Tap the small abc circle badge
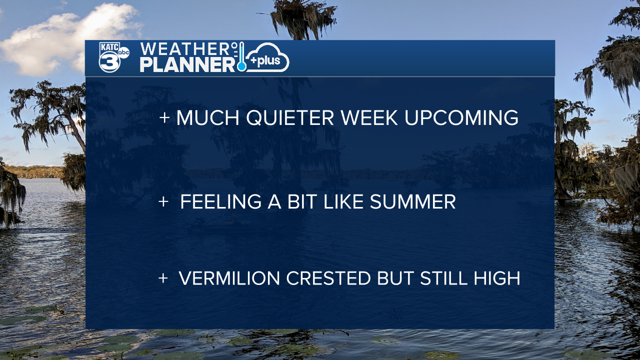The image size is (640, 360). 123,52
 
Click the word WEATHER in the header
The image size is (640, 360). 185,49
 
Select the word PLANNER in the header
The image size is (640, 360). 187,65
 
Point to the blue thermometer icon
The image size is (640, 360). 241,56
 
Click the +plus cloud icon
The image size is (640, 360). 267,57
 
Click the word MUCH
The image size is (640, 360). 207,117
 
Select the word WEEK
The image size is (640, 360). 369,117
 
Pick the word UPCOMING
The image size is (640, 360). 461,117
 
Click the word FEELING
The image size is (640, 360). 221,201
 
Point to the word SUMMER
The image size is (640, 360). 413,201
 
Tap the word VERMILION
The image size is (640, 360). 229,278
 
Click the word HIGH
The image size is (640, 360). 497,278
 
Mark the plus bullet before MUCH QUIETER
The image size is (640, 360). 164,117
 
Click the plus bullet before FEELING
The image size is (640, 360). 163,201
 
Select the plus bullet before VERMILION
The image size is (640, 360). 163,278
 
